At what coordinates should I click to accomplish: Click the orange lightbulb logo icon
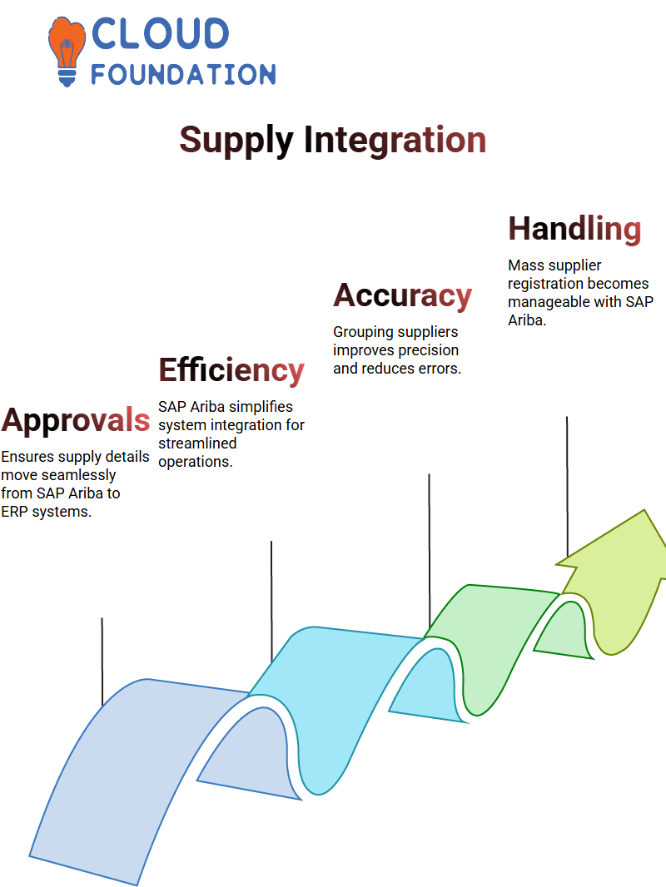point(67,51)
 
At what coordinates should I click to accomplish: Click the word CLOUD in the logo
point(160,33)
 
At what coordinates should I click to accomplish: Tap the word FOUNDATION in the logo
point(183,75)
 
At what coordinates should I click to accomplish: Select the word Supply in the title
point(236,141)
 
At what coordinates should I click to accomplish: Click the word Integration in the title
point(395,140)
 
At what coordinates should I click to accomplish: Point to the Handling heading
point(574,229)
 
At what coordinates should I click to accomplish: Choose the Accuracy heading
point(402,296)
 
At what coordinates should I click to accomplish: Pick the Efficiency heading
point(231,370)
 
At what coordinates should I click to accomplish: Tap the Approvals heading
point(76,420)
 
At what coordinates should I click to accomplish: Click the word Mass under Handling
point(526,265)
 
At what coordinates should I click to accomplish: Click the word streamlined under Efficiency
point(197,443)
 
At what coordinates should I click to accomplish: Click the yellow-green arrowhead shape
point(614,582)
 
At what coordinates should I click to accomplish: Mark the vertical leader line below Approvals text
point(102,662)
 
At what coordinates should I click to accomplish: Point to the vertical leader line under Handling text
point(567,487)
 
